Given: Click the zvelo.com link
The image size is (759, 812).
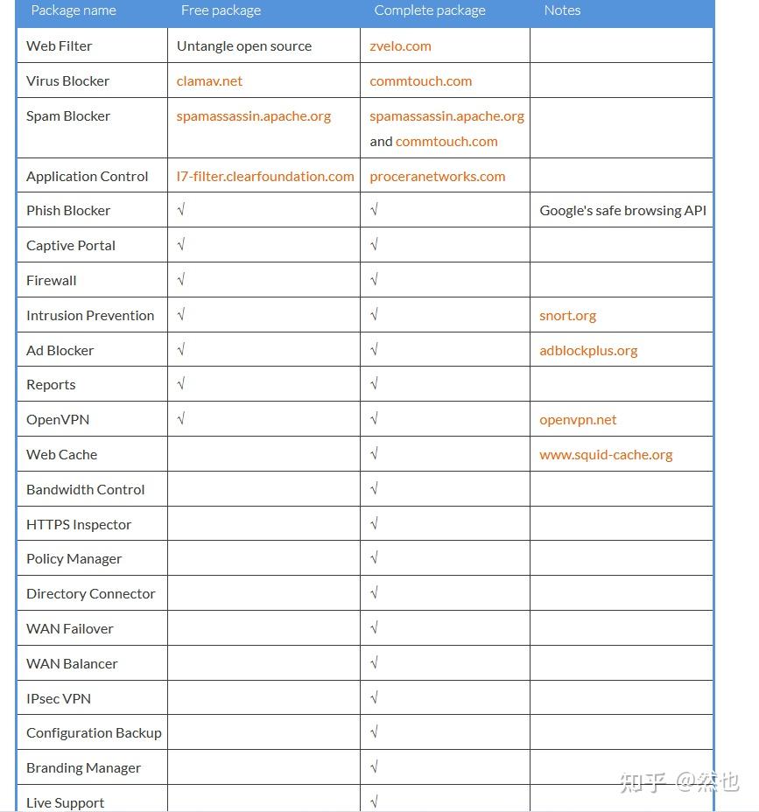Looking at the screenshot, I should pos(400,46).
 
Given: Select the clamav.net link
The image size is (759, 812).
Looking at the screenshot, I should pos(209,81).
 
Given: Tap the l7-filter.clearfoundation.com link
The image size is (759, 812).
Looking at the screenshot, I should pos(265,177).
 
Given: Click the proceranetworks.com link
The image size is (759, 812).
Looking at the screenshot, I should pos(437,177).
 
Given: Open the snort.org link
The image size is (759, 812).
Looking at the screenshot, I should pos(567,316).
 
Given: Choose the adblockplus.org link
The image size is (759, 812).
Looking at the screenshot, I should pos(588,351).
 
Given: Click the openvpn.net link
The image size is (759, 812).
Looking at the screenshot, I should pos(578,420).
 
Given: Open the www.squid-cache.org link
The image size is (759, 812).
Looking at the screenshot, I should pos(606,455).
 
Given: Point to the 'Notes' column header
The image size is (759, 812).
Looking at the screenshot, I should pos(562,10).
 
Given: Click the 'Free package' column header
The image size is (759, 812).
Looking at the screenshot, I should pos(221,10).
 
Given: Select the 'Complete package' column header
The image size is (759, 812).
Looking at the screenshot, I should pos(430,10).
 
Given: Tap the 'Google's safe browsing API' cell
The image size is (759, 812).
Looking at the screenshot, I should pos(622,211).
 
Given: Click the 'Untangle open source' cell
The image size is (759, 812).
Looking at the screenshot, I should pos(244,46).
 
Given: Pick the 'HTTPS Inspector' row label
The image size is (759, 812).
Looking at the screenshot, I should pos(79,525).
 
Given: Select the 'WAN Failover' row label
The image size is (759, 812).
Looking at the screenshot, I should pos(70,629).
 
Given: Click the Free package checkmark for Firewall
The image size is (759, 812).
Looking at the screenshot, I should pos(181,281).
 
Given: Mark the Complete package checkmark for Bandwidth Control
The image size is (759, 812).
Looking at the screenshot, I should pos(374,490).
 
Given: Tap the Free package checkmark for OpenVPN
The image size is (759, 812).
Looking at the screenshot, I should pos(181,420).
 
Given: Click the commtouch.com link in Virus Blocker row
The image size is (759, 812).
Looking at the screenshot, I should pos(420,81).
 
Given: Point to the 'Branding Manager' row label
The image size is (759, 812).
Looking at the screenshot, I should pos(83,768).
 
